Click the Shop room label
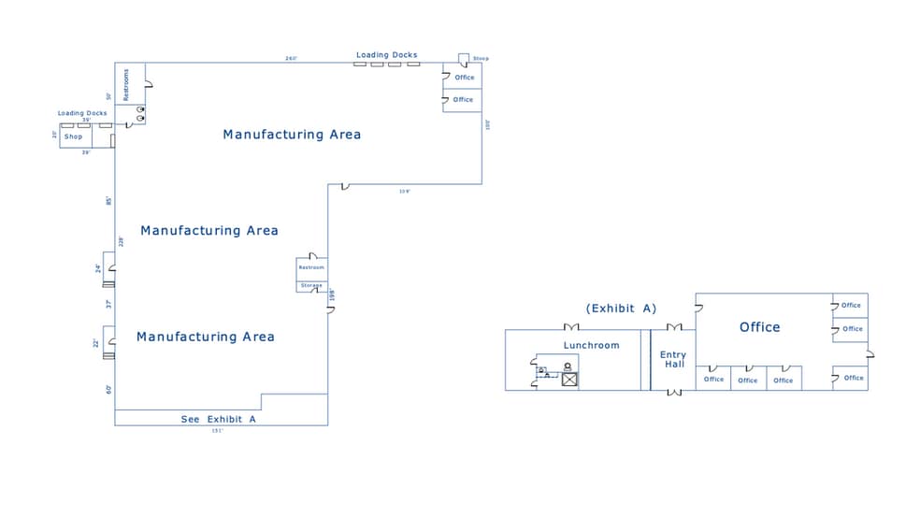pyautogui.click(x=73, y=136)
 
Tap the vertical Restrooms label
pyautogui.click(x=126, y=84)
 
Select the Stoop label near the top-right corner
pyautogui.click(x=481, y=59)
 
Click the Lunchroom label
pyautogui.click(x=591, y=345)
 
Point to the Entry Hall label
pyautogui.click(x=672, y=359)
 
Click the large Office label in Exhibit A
pyautogui.click(x=759, y=327)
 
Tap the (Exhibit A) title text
pyautogui.click(x=621, y=309)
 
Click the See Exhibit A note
pyautogui.click(x=218, y=420)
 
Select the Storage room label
pyautogui.click(x=311, y=285)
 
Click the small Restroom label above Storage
pyautogui.click(x=311, y=267)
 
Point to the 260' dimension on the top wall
pyautogui.click(x=291, y=59)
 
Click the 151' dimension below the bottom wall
pyautogui.click(x=217, y=431)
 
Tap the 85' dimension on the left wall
pyautogui.click(x=108, y=201)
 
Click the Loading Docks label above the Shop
pyautogui.click(x=82, y=113)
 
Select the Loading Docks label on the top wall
pyautogui.click(x=386, y=55)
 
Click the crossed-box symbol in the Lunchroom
pyautogui.click(x=568, y=379)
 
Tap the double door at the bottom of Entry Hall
pyautogui.click(x=673, y=392)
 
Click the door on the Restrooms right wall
pyautogui.click(x=148, y=84)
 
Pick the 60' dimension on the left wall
pyautogui.click(x=108, y=389)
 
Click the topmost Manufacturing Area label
pyautogui.click(x=292, y=135)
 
